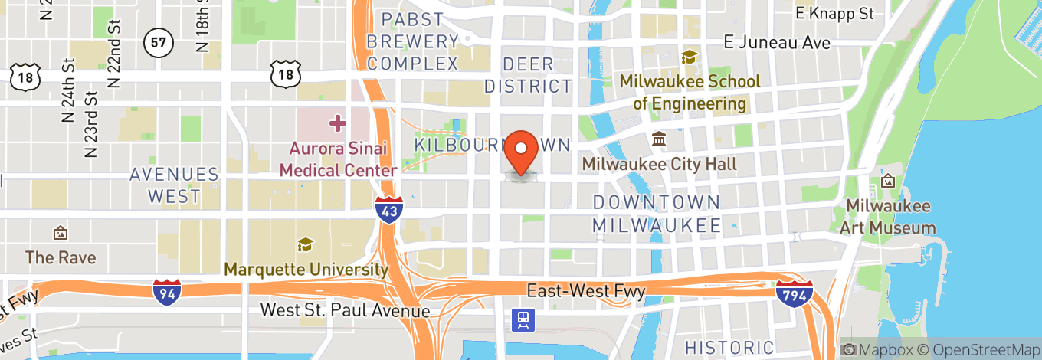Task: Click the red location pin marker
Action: pyautogui.click(x=523, y=151)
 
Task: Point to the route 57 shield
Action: pyautogui.click(x=158, y=43)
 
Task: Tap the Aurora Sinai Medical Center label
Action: pyautogui.click(x=338, y=159)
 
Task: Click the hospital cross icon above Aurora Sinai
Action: pyautogui.click(x=337, y=123)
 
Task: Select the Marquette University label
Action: pyautogui.click(x=306, y=270)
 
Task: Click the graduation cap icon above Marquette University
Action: pyautogui.click(x=306, y=245)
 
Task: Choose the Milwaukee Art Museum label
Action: pyautogui.click(x=887, y=217)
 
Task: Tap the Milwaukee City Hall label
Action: pyautogui.click(x=659, y=164)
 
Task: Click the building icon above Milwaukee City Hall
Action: pyautogui.click(x=659, y=139)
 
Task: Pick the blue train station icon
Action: pyautogui.click(x=525, y=320)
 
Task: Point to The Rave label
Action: pyautogui.click(x=61, y=257)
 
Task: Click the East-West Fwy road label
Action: pyautogui.click(x=586, y=291)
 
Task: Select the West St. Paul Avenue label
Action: pyautogui.click(x=345, y=310)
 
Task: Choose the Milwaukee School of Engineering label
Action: pyautogui.click(x=690, y=92)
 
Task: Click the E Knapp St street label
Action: pyautogui.click(x=834, y=13)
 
